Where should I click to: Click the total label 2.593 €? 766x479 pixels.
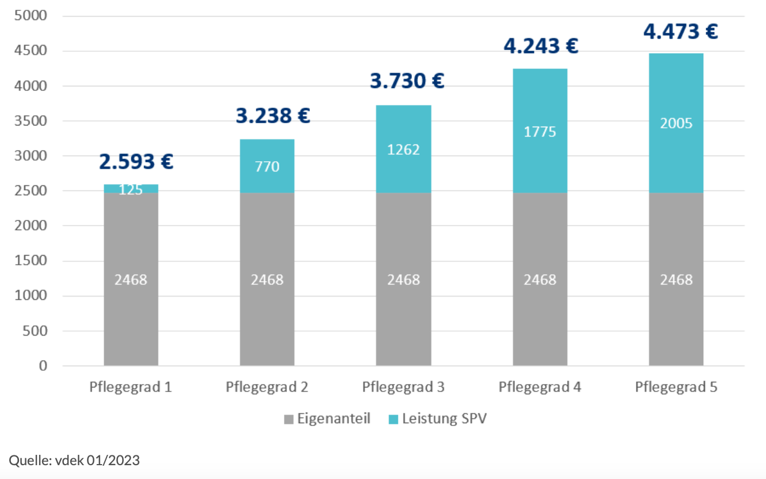coord(136,162)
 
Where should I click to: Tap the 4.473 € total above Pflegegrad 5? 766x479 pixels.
coord(680,32)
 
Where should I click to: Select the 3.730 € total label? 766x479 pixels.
coord(407,81)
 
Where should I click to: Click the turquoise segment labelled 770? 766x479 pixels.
coord(267,166)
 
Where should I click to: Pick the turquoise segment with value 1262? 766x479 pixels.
coord(403,149)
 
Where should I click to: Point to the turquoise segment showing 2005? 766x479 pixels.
coord(676,123)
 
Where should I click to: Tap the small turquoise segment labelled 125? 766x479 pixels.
coord(131,188)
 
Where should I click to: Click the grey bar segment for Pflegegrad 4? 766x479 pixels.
coord(540,279)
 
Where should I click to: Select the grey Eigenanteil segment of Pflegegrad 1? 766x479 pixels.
coord(131,279)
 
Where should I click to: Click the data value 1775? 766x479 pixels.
coord(540,132)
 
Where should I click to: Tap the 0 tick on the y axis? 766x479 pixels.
coord(43,366)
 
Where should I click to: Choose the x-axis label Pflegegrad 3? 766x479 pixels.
coord(403,387)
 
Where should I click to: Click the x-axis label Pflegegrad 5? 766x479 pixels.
coord(676,387)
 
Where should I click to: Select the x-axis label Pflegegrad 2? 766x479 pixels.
coord(267,387)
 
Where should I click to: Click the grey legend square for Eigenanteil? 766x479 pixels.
coord(289,419)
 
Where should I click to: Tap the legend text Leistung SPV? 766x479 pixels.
coord(444,419)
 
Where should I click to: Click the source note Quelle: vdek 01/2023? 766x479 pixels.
coord(74,461)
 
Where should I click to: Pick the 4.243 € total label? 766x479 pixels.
coord(541,46)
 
